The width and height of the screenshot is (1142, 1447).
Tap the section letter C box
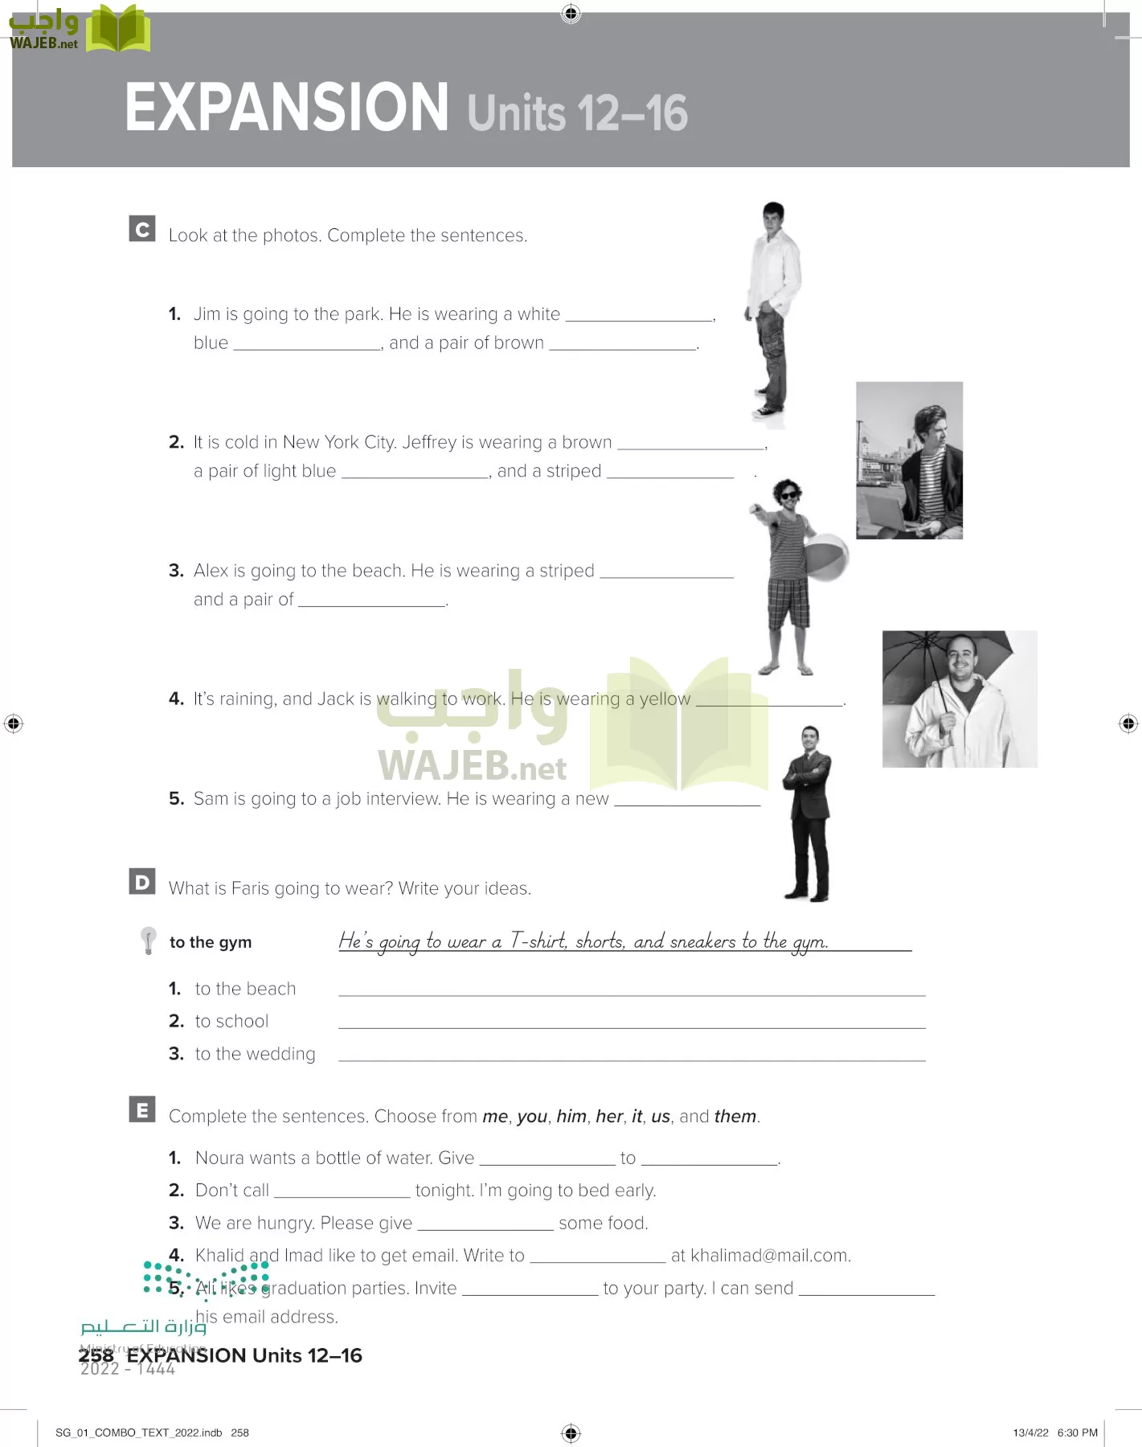point(142,229)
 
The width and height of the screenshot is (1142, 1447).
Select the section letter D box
point(142,882)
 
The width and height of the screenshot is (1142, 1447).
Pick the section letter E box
point(142,1110)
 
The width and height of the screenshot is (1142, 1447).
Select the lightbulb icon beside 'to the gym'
point(149,940)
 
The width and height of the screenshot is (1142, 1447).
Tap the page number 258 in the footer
point(96,1355)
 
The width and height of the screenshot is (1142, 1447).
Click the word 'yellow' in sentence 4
point(665,699)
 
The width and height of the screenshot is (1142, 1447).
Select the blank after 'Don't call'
point(342,1191)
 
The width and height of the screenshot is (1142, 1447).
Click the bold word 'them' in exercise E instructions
point(735,1117)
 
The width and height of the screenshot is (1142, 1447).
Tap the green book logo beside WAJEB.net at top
point(118,29)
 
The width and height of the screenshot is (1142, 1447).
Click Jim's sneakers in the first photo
point(767,412)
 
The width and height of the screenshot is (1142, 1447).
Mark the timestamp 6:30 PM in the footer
point(1077,1433)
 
